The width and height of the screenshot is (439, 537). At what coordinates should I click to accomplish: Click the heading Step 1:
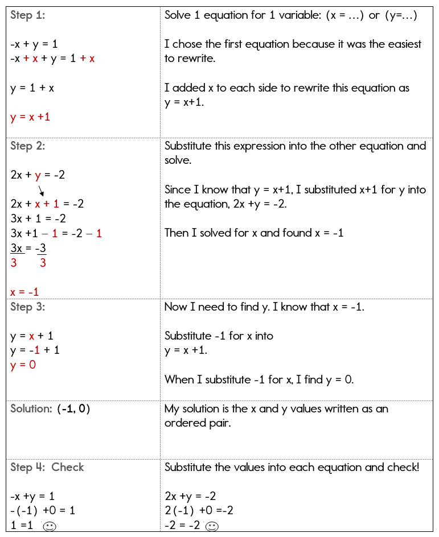click(27, 15)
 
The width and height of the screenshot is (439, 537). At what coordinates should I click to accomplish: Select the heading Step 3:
click(28, 307)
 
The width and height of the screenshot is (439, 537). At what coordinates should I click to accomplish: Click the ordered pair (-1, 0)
click(73, 409)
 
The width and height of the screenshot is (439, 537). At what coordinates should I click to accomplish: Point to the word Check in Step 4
click(68, 468)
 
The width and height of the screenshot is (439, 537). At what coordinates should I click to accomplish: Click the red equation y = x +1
click(30, 117)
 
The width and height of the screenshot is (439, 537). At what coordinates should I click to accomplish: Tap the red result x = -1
click(24, 292)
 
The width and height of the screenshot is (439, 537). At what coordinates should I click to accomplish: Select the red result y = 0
click(23, 365)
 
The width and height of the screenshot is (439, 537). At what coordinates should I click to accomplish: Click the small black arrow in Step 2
click(41, 189)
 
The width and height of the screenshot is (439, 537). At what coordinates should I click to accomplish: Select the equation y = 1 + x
click(32, 88)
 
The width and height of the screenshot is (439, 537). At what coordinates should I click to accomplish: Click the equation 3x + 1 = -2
click(38, 218)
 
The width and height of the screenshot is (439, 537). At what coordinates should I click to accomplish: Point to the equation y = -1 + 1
click(35, 350)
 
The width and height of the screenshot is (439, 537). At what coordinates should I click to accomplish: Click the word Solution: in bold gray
click(32, 409)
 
